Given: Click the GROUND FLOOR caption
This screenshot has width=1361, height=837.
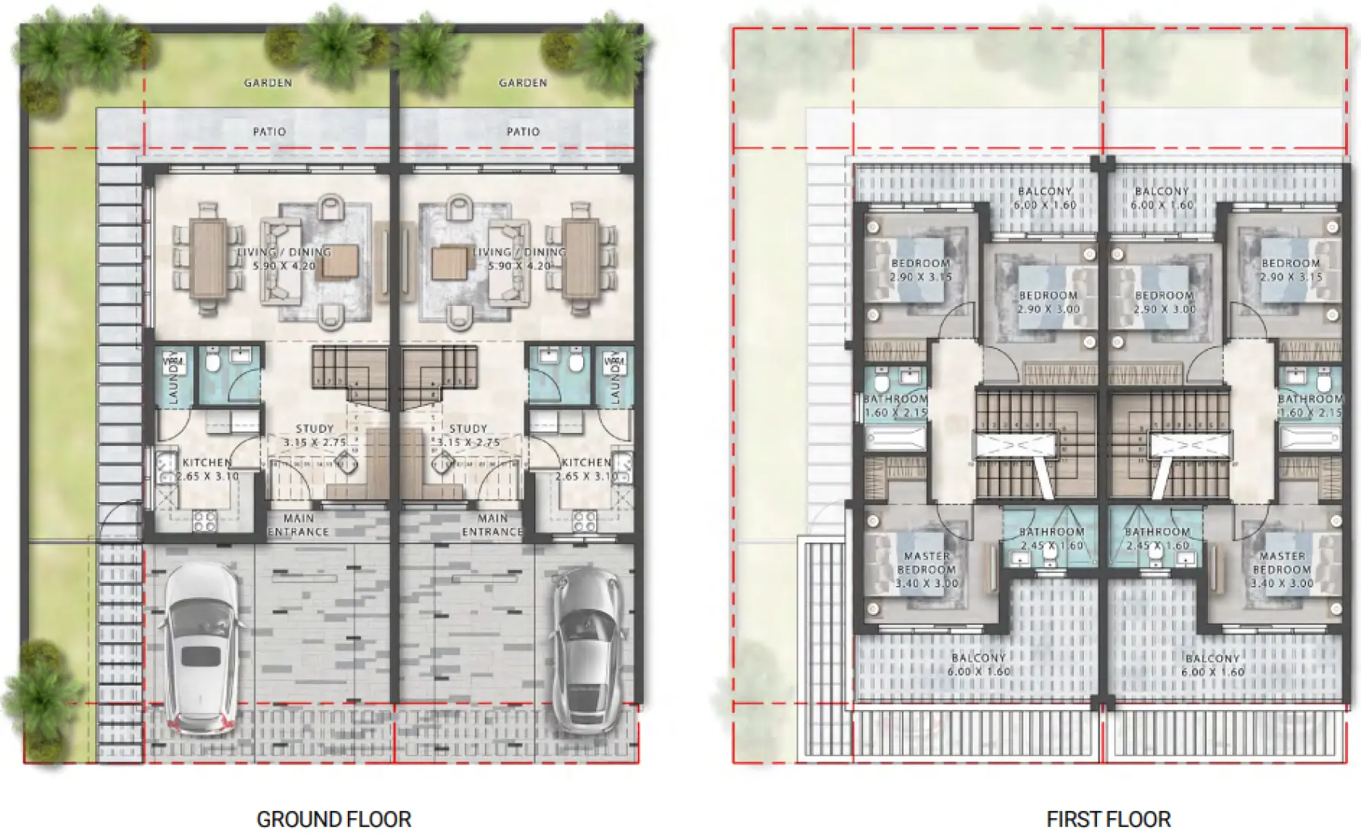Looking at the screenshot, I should [x=333, y=819].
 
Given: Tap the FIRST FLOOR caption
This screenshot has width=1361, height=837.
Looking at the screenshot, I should [x=1108, y=819].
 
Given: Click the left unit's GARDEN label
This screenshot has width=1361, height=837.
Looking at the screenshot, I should [x=268, y=82].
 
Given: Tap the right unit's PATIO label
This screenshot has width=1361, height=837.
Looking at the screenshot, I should [x=523, y=132].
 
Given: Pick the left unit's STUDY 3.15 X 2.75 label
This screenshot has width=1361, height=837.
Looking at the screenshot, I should [x=314, y=435].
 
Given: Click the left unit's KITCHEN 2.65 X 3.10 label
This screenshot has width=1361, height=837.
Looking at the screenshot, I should [x=207, y=469].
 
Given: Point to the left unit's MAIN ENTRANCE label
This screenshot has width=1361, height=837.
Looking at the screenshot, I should [x=298, y=525].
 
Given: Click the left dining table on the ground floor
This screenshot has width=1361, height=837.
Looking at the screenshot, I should [x=207, y=257].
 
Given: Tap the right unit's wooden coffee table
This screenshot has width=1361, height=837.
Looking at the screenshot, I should [x=449, y=263].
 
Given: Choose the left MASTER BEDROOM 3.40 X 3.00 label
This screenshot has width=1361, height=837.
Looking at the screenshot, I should [x=926, y=569].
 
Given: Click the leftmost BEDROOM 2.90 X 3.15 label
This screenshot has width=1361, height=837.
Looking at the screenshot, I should [x=920, y=270].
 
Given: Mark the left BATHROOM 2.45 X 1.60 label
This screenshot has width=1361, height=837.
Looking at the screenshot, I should [x=1051, y=539].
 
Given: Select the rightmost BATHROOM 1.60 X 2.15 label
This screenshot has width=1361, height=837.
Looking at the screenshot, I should [x=1310, y=406].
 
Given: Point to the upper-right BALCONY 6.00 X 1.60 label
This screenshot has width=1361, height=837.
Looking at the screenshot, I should [x=1161, y=198].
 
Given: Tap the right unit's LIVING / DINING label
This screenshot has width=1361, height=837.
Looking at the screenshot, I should [x=519, y=259].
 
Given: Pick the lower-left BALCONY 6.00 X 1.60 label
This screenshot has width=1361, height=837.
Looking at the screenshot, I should [x=978, y=664].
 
